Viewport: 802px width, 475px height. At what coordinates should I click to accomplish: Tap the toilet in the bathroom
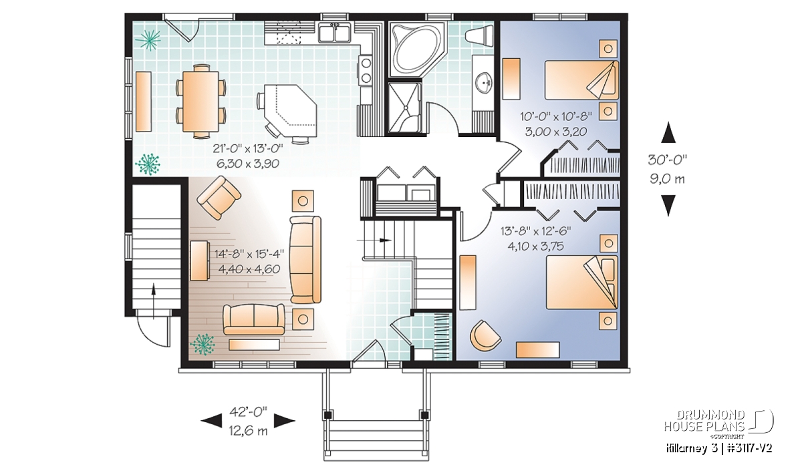click(479, 35)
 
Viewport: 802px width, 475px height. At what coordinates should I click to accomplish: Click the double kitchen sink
click(335, 33)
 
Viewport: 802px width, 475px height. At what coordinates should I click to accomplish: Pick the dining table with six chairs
click(200, 102)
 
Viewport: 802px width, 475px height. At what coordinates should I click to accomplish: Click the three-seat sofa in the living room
click(305, 260)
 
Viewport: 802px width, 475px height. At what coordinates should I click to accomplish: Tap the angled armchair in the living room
click(219, 198)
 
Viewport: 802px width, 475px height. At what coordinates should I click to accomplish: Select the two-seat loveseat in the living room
click(254, 319)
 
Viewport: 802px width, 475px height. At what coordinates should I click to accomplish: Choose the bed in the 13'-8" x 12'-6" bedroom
click(582, 282)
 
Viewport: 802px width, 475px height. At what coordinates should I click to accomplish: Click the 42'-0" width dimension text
click(249, 412)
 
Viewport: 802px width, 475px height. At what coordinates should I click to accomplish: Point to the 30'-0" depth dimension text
click(668, 160)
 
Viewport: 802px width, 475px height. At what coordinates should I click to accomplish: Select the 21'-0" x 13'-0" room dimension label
click(248, 148)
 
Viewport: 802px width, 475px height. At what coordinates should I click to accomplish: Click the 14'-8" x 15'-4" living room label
click(249, 253)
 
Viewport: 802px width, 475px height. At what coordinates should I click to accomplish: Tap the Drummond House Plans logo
click(718, 424)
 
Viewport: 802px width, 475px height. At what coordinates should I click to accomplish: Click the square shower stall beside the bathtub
click(404, 108)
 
